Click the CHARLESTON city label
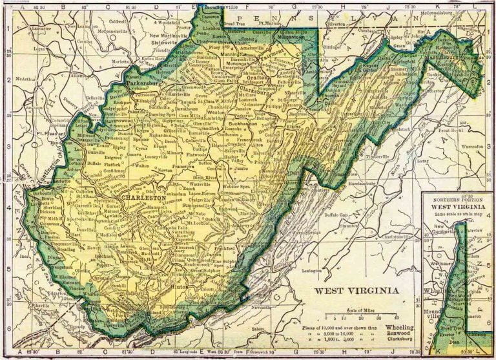click(144, 196)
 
